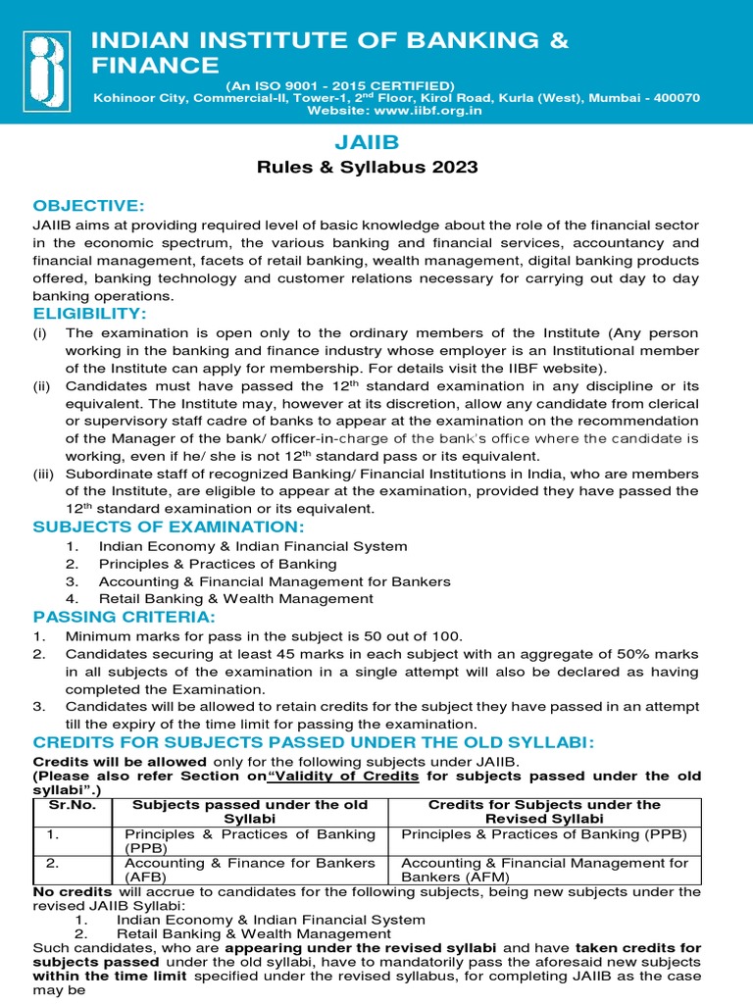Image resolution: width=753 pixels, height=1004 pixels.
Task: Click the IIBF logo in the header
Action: [48, 62]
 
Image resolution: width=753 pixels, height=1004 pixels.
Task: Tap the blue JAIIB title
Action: [367, 143]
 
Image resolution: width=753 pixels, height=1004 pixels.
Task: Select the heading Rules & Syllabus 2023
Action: [367, 168]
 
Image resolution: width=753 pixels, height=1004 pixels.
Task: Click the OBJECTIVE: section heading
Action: [88, 205]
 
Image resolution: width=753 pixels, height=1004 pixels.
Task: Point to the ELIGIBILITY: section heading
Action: [89, 313]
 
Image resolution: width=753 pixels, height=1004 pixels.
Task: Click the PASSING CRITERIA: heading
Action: [123, 617]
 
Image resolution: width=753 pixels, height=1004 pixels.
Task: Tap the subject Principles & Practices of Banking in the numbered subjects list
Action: [217, 564]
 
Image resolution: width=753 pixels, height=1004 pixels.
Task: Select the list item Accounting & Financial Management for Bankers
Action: [274, 580]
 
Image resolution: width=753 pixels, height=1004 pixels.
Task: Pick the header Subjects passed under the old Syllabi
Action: [250, 812]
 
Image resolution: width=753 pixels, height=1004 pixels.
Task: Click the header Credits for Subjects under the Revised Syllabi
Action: [545, 812]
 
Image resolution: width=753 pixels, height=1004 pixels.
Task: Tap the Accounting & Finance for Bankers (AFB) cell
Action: [250, 870]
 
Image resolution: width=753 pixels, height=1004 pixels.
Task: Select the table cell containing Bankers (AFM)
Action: [545, 870]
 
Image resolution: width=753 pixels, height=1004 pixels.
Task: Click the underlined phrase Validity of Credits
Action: [359, 776]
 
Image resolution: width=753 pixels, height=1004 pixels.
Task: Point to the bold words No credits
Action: [73, 892]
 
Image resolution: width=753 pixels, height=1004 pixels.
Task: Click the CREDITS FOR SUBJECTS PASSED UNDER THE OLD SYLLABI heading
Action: [313, 742]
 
